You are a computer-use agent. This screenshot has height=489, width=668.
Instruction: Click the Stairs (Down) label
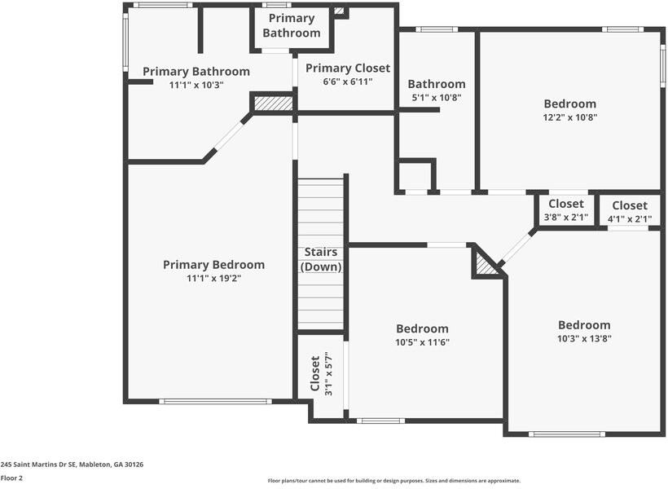[x=321, y=259]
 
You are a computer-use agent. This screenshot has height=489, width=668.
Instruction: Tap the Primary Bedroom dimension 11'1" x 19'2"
[x=213, y=278]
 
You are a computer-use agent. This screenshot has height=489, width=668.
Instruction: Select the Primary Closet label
[x=348, y=68]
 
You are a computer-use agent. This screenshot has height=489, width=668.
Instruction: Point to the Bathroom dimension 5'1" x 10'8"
[x=437, y=97]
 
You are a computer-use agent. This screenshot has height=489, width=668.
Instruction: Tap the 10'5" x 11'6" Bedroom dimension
[x=422, y=342]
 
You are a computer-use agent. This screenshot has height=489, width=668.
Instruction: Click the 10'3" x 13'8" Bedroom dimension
[x=584, y=338]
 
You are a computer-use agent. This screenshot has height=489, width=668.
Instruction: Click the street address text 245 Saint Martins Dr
[x=72, y=464]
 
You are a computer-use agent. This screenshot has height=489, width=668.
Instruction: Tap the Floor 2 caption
[x=11, y=478]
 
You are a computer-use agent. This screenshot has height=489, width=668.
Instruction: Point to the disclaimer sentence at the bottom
[x=393, y=481]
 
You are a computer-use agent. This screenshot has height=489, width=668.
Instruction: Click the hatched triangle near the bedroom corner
[x=486, y=263]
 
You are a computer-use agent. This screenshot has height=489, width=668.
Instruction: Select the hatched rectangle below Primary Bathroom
[x=273, y=104]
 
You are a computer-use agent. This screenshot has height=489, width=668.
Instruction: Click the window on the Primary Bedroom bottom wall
[x=215, y=401]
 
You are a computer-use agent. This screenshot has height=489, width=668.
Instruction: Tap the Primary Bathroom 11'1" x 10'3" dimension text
[x=196, y=85]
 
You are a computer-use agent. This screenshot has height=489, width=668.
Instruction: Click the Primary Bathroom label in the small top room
[x=291, y=25]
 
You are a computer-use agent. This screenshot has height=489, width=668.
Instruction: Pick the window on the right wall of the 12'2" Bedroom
[x=662, y=65]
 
